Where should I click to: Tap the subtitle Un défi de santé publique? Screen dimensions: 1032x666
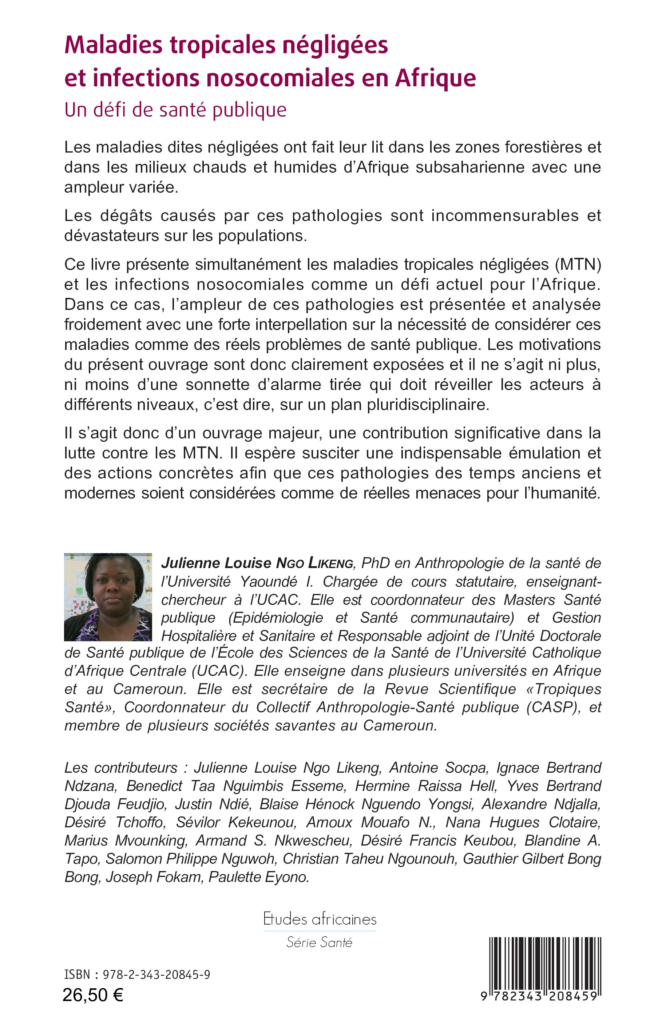click(x=175, y=110)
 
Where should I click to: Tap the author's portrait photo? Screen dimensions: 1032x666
click(x=108, y=597)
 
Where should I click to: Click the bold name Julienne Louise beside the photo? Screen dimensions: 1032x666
click(x=216, y=563)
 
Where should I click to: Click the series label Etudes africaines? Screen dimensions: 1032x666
click(x=320, y=919)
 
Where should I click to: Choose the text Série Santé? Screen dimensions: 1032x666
click(x=319, y=943)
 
